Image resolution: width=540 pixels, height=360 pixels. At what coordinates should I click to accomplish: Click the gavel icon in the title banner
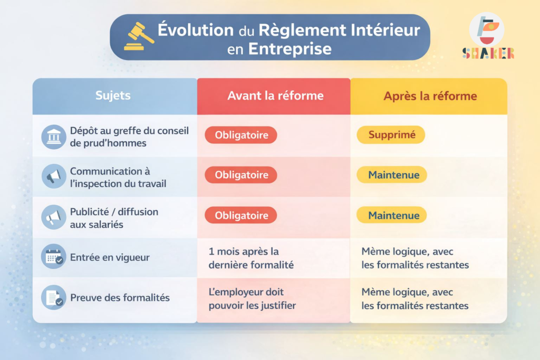tap(139, 36)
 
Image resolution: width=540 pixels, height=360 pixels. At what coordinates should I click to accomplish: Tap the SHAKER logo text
tap(488, 53)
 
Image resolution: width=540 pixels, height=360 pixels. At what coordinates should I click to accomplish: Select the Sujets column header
tap(113, 95)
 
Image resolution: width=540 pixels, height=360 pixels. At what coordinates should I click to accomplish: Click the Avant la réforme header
tap(275, 96)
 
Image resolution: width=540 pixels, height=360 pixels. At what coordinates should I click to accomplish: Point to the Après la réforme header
tap(430, 96)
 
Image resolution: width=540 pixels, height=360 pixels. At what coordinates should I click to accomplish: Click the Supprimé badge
tap(391, 134)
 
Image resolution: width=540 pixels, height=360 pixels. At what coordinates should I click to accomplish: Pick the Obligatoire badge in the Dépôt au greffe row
tap(241, 135)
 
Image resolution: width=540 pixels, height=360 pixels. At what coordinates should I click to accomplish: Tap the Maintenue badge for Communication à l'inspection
tap(392, 175)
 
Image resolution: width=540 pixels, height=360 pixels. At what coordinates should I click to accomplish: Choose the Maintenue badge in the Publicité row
tap(392, 215)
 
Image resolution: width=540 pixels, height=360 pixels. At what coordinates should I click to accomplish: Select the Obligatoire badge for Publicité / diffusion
tap(241, 215)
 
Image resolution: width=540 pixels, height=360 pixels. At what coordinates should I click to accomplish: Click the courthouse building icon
tap(54, 137)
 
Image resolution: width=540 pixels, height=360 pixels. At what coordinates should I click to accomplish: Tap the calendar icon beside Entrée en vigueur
tap(54, 256)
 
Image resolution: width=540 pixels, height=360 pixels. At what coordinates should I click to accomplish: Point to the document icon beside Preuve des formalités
tap(54, 297)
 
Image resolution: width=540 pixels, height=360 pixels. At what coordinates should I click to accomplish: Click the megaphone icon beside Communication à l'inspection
tap(54, 177)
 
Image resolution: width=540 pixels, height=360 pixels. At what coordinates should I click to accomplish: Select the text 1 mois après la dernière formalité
tap(251, 258)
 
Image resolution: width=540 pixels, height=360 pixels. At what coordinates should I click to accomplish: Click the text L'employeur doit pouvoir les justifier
tap(252, 299)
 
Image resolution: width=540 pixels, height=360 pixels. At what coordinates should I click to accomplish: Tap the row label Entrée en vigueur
tap(110, 257)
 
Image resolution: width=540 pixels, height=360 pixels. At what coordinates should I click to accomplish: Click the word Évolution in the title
tap(196, 30)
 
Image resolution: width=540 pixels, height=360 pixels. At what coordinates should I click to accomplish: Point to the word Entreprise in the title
tap(290, 49)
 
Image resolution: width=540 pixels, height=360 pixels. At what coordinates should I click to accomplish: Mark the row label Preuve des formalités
tap(120, 298)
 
